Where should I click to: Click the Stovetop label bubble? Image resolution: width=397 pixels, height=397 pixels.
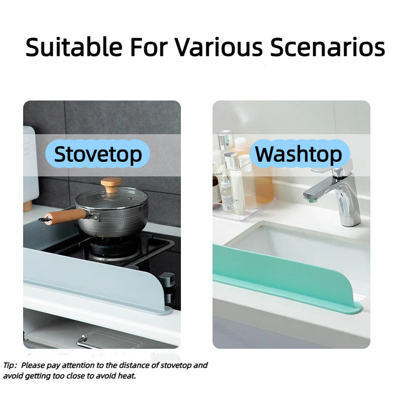coord(98,154)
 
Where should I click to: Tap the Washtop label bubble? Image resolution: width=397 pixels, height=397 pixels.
coord(298,154)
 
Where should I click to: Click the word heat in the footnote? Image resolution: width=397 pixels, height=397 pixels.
coord(128,376)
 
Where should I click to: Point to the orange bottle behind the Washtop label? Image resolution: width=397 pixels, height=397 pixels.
coord(263,186)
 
